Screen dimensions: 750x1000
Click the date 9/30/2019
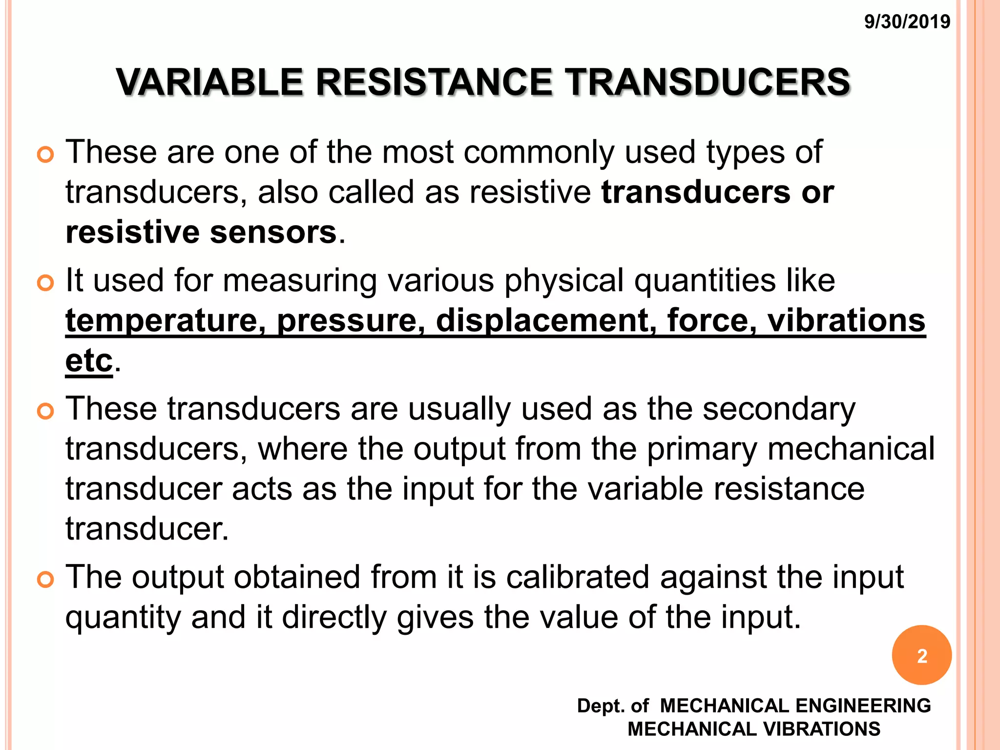907,22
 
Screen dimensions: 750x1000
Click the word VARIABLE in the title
209,82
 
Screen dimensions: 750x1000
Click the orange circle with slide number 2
921,655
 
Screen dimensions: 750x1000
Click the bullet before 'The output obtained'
45,580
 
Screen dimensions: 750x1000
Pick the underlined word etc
89,361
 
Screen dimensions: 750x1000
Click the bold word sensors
273,232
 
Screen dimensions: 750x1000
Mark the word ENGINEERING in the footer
863,706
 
